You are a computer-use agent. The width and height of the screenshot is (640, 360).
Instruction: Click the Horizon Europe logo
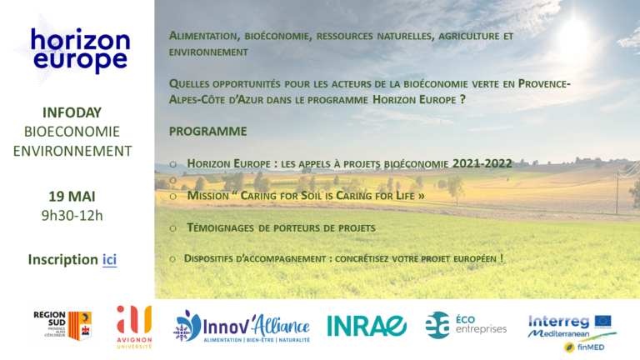[80, 51]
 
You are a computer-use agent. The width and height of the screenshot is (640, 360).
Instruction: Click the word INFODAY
[72, 112]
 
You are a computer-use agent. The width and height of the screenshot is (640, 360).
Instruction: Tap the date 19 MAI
[72, 197]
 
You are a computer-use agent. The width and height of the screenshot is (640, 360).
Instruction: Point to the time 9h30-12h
[72, 216]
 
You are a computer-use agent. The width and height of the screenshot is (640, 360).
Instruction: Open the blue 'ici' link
[109, 260]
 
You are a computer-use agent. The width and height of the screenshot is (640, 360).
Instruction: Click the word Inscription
[62, 260]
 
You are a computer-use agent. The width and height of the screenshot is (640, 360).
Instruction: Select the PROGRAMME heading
[208, 132]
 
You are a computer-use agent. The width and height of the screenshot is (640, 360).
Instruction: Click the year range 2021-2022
[482, 163]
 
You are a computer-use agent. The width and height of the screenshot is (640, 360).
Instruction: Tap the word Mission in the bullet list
[207, 196]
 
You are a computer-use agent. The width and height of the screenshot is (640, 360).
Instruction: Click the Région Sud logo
[62, 326]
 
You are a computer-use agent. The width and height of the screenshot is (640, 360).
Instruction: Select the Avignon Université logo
[134, 327]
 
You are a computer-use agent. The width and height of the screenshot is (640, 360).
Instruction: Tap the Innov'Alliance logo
[242, 327]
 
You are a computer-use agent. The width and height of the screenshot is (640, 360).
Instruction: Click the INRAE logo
[366, 326]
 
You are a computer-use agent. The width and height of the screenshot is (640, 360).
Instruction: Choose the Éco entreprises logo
[466, 325]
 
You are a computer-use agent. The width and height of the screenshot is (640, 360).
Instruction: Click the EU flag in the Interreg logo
[602, 321]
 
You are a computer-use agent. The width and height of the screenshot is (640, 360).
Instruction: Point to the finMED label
[591, 347]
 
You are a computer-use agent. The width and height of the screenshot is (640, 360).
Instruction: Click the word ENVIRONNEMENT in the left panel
[72, 151]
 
